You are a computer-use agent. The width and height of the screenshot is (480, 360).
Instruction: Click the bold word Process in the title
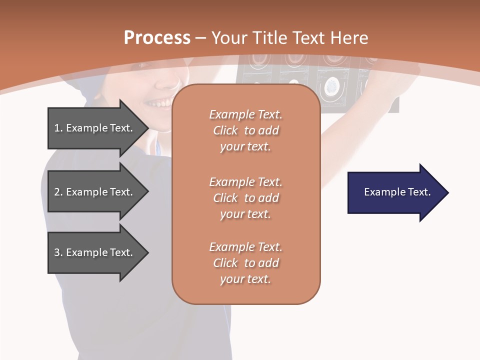point(157,38)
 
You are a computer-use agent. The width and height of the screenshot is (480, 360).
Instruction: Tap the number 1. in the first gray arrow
point(58,128)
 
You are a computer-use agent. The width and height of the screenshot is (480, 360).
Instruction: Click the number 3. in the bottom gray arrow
point(58,252)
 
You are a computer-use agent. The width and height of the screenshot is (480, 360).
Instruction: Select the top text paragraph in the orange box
point(246,130)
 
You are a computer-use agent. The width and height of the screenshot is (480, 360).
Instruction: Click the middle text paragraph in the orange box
point(246,198)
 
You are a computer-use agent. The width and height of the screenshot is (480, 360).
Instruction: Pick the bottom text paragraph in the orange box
point(246,263)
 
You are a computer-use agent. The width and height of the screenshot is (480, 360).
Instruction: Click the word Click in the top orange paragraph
point(225,130)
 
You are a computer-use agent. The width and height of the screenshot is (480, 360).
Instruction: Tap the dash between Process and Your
point(200,38)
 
